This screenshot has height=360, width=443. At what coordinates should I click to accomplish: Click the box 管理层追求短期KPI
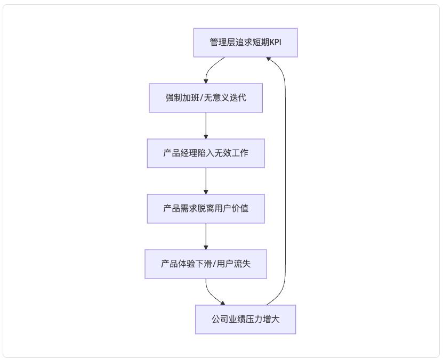click(x=245, y=43)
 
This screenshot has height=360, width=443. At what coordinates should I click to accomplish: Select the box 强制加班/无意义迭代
click(x=206, y=98)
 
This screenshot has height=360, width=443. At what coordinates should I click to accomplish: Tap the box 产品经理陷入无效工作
click(x=206, y=153)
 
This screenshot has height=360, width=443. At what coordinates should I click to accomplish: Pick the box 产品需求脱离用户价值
click(x=206, y=209)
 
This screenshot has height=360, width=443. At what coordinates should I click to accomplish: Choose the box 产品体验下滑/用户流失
click(x=206, y=264)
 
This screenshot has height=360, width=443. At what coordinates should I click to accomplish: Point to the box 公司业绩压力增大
click(x=245, y=320)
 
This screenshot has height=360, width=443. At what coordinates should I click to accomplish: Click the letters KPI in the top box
click(x=275, y=43)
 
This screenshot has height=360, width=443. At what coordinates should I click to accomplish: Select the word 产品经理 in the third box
click(x=180, y=153)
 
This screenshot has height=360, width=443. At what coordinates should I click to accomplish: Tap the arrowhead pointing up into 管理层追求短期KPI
click(x=270, y=59)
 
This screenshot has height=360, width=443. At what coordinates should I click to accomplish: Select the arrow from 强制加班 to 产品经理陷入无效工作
click(x=206, y=126)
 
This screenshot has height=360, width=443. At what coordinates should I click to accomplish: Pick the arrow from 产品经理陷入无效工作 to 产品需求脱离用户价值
click(x=206, y=181)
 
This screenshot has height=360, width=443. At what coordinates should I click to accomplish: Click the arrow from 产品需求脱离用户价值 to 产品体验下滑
click(x=206, y=236)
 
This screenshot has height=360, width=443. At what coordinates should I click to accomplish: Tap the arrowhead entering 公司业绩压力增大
click(x=222, y=303)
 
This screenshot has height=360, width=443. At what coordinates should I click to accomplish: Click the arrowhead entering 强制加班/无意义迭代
click(x=206, y=81)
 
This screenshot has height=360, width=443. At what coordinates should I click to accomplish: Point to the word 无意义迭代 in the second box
click(x=228, y=98)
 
